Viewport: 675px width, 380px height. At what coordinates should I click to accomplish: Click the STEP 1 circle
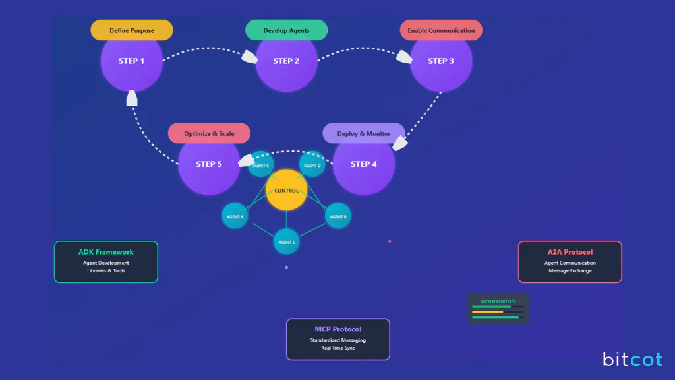pyautogui.click(x=131, y=61)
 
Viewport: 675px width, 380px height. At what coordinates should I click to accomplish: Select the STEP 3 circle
pyautogui.click(x=441, y=61)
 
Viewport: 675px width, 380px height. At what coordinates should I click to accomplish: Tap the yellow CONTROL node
pyautogui.click(x=286, y=191)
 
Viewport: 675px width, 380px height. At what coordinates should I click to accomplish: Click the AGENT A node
pyautogui.click(x=235, y=216)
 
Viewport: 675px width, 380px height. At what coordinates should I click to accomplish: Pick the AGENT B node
pyautogui.click(x=337, y=216)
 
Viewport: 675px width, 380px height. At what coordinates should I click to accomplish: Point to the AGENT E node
pyautogui.click(x=286, y=242)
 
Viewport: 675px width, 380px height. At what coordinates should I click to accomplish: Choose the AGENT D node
pyautogui.click(x=312, y=165)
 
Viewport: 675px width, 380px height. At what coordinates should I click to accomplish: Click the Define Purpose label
pyautogui.click(x=132, y=30)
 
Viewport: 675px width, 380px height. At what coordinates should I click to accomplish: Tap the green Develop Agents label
pyautogui.click(x=287, y=30)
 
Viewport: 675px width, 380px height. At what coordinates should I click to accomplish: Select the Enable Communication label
pyautogui.click(x=441, y=30)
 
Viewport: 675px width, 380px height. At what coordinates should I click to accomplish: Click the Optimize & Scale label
pyautogui.click(x=209, y=133)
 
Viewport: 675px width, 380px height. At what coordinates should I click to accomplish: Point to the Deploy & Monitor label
pyautogui.click(x=364, y=133)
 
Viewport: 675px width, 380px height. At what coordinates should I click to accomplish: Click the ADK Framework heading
pyautogui.click(x=106, y=252)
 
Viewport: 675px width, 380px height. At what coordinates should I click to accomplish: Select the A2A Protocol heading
pyautogui.click(x=570, y=252)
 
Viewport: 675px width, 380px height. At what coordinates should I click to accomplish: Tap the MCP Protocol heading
pyautogui.click(x=338, y=329)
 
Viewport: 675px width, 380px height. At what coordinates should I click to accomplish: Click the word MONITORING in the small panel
pyautogui.click(x=498, y=301)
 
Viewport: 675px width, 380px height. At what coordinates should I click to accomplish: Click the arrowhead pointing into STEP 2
pyautogui.click(x=249, y=57)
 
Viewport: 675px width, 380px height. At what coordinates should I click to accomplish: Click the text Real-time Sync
pyautogui.click(x=338, y=348)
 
